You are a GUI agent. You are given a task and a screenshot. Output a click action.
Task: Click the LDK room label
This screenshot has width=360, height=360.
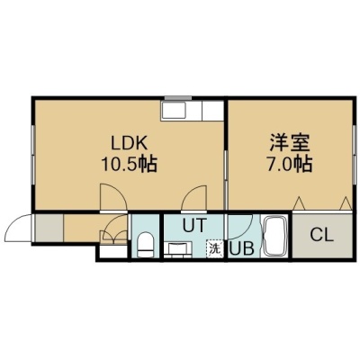[x=130, y=143]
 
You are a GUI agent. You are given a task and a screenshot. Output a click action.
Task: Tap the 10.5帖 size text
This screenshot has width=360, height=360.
[x=130, y=164]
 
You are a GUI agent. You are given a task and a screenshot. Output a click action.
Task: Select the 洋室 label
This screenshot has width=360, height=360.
[x=290, y=143]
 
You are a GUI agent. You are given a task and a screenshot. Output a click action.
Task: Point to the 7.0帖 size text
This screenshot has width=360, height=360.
[x=290, y=164]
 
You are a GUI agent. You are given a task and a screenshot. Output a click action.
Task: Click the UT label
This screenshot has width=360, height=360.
[x=194, y=225]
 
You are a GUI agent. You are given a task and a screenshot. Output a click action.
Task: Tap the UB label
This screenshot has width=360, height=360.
[x=242, y=248]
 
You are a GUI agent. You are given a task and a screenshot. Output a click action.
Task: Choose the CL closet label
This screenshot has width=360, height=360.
[x=322, y=235]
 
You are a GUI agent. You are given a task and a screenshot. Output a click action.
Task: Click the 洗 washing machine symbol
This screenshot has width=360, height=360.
[x=214, y=248]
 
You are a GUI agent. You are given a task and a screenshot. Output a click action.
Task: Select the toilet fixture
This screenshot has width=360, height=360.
[x=146, y=245]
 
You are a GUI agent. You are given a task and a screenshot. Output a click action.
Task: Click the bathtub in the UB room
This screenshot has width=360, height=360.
[x=275, y=237]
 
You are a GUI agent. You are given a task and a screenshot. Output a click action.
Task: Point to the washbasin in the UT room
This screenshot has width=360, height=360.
[x=177, y=250]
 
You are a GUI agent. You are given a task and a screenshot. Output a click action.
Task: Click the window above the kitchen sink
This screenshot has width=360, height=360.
[x=178, y=98]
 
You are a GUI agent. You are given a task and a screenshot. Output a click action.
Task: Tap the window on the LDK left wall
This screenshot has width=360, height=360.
[x=33, y=156]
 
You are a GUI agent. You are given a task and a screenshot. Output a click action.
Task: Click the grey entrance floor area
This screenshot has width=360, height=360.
[x=49, y=228]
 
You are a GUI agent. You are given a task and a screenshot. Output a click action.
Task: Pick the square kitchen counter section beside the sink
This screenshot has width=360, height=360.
[x=213, y=110]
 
